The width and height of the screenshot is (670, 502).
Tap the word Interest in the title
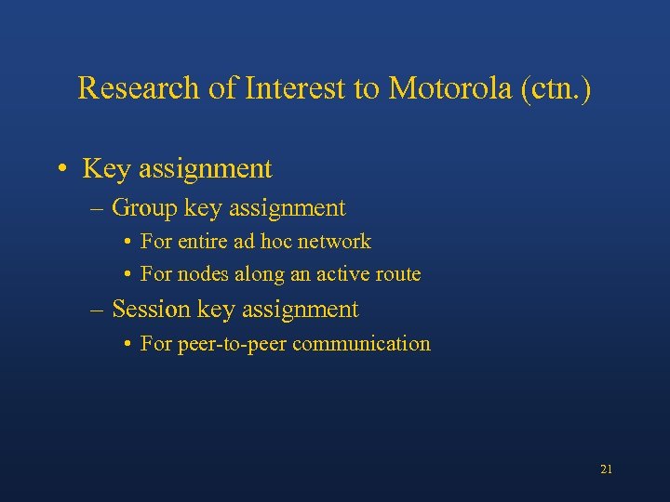pyautogui.click(x=289, y=88)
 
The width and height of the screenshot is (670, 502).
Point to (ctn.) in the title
pyautogui.click(x=555, y=88)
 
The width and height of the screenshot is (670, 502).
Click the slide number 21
pyautogui.click(x=606, y=469)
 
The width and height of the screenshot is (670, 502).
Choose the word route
pyautogui.click(x=398, y=274)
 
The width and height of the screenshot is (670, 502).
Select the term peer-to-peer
pyautogui.click(x=232, y=344)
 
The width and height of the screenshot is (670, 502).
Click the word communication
pyautogui.click(x=361, y=344)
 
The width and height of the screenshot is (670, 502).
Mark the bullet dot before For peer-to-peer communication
pyautogui.click(x=127, y=344)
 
